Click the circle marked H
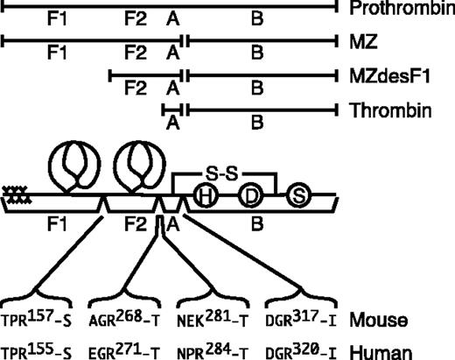pos(205,196)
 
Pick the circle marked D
pos(250,196)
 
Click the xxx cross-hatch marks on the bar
pos(14,196)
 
